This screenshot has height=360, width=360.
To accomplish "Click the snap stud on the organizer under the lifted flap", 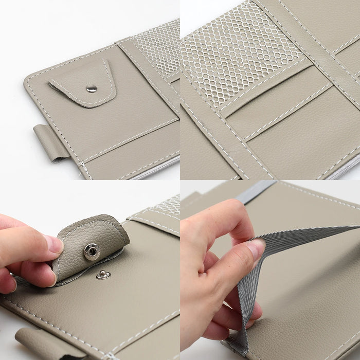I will pyautogui.click(x=102, y=275).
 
